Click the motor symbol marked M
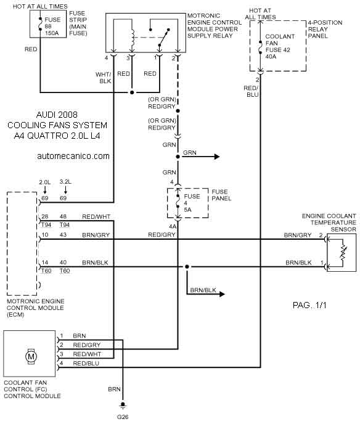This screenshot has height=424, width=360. [x=31, y=356]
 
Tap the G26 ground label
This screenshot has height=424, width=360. [x=123, y=417]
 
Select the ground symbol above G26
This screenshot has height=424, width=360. [x=123, y=405]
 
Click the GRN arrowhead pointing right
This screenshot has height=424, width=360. [x=216, y=157]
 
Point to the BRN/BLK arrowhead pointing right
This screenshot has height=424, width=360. [x=222, y=294]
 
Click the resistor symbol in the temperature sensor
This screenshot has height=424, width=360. [x=343, y=252]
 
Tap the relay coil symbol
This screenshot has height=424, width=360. [x=133, y=38]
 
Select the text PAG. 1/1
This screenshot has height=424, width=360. [x=309, y=305]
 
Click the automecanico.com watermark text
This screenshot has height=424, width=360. [x=73, y=156]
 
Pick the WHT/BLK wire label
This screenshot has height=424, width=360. [x=104, y=78]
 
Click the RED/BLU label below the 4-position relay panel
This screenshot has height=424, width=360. [x=251, y=91]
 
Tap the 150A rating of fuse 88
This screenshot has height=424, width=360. [x=52, y=33]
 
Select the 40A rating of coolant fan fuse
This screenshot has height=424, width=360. [x=271, y=57]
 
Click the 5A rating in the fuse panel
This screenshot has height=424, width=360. [x=187, y=210]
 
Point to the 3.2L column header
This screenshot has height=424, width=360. [x=65, y=182]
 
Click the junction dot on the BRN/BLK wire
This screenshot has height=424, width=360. [x=187, y=267]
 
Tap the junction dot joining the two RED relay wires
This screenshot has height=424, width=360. [x=132, y=92]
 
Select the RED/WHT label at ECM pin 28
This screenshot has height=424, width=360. [x=96, y=217]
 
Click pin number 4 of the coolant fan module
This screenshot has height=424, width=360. [x=62, y=363]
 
